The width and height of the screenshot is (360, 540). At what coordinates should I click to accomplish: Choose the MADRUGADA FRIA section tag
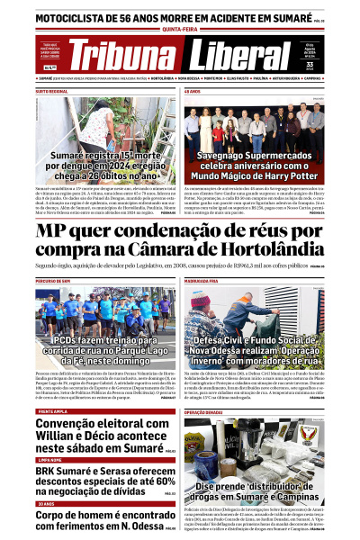pyautogui.click(x=203, y=281)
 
